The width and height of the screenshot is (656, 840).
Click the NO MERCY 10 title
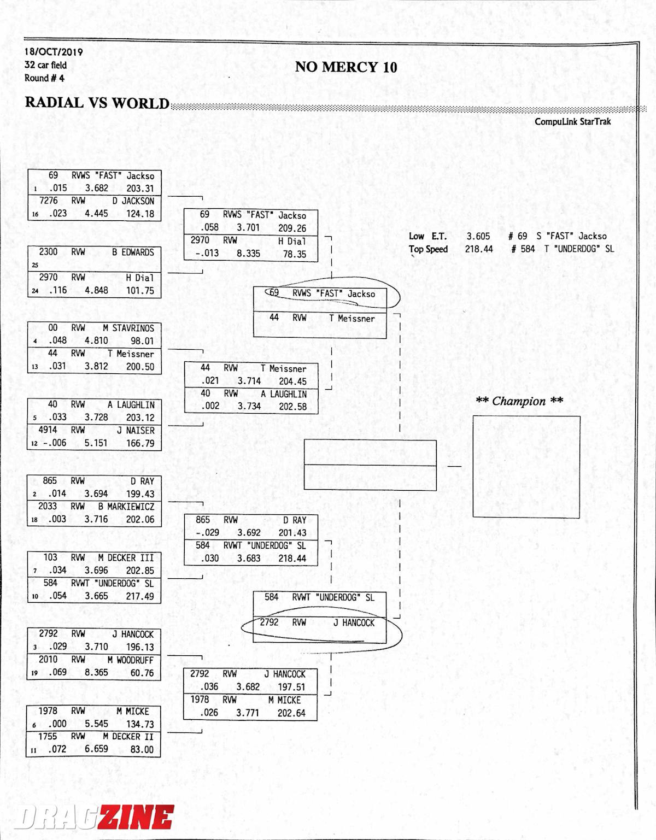point(345,67)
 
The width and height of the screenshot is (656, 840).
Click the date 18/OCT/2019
point(53,52)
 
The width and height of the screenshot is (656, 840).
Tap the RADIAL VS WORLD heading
point(97,103)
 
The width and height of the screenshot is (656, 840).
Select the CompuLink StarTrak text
point(572,121)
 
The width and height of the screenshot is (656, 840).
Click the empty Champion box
point(526,466)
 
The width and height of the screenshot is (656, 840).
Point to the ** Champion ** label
point(519,401)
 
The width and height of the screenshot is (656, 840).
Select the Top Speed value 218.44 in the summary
point(479,249)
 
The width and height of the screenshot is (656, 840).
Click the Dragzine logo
point(94,817)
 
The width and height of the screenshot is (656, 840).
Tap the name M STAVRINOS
point(128,328)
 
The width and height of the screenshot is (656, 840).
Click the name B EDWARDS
point(133,252)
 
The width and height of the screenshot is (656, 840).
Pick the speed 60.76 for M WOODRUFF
point(142,673)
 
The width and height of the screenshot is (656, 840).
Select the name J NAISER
point(136,430)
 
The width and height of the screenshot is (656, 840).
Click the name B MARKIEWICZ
point(126,507)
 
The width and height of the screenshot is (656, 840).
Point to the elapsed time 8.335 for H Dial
point(248,254)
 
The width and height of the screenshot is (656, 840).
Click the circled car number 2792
point(269,622)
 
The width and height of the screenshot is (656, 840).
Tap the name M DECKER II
point(128,736)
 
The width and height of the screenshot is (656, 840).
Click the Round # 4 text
point(44,78)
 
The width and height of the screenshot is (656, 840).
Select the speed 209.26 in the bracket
point(292,228)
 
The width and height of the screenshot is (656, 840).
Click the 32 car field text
point(45,65)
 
